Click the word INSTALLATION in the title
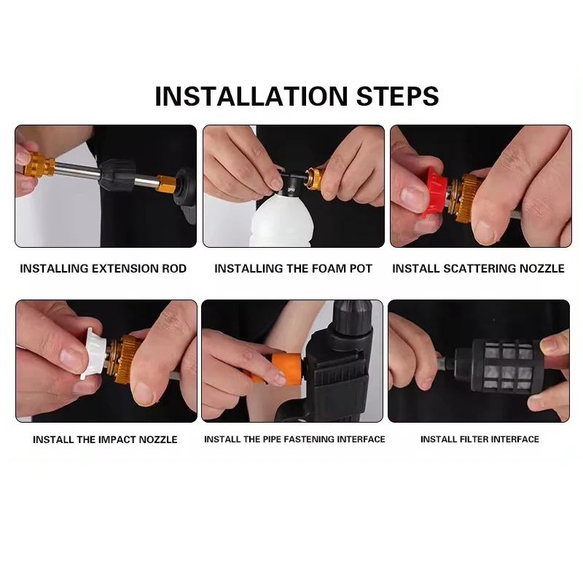(251, 97)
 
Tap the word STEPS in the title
(397, 97)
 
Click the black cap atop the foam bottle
(291, 183)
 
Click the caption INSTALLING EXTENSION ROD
(103, 268)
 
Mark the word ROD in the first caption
(174, 268)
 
